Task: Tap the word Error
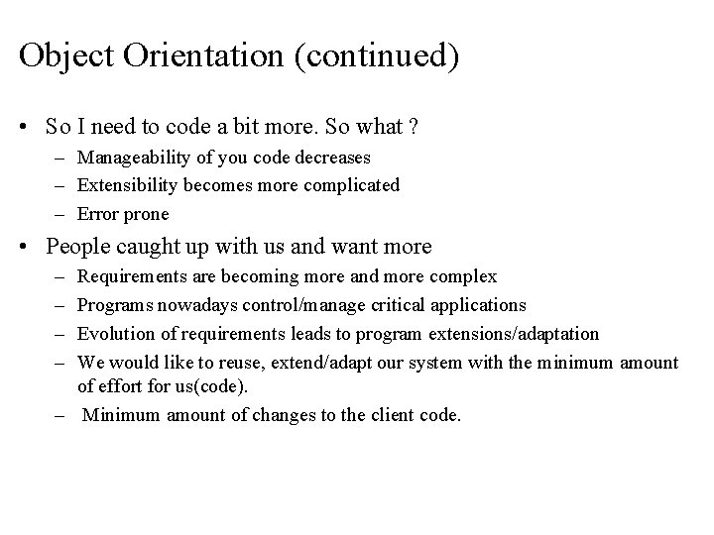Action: point(97,213)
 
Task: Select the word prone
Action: point(146,213)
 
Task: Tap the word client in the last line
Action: point(398,415)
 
